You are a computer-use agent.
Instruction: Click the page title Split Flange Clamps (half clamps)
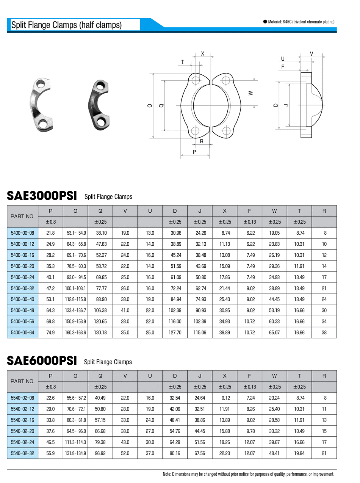pyautogui.click(x=66, y=25)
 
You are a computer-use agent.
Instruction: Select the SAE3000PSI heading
pyautogui.click(x=42, y=196)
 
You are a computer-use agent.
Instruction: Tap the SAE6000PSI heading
pyautogui.click(x=42, y=361)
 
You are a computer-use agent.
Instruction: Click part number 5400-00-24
pyautogui.click(x=23, y=278)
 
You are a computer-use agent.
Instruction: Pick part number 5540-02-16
pyautogui.click(x=23, y=420)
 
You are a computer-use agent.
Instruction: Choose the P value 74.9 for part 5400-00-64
pyautogui.click(x=50, y=332)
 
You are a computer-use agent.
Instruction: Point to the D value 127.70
pyautogui.click(x=175, y=332)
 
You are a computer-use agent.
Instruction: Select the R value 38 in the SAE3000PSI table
pyautogui.click(x=324, y=332)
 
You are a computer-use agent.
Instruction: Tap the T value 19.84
pyautogui.click(x=299, y=453)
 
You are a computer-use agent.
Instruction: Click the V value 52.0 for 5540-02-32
pyautogui.click(x=125, y=453)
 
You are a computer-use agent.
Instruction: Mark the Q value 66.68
pyautogui.click(x=100, y=431)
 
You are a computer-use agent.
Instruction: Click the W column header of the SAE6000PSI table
pyautogui.click(x=274, y=376)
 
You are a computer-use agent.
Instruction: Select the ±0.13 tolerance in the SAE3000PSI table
pyautogui.click(x=249, y=222)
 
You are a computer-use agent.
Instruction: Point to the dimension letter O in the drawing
pyautogui.click(x=150, y=106)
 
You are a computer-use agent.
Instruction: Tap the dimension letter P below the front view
pyautogui.click(x=194, y=152)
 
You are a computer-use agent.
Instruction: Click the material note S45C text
pyautogui.click(x=301, y=22)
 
